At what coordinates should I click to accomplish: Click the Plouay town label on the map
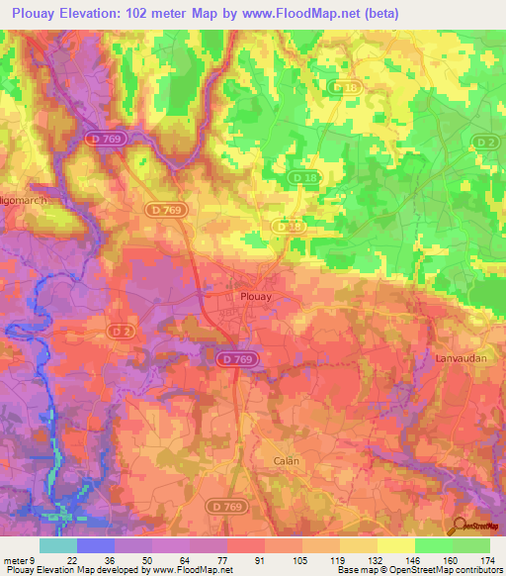255,295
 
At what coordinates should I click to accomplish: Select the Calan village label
287,461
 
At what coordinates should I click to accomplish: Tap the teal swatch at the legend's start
57,544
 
